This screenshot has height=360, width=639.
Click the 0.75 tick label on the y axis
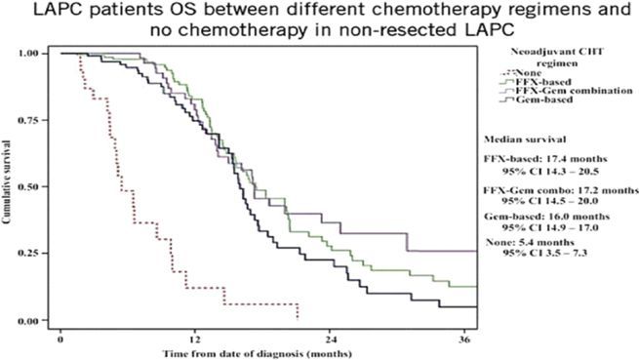click(28, 120)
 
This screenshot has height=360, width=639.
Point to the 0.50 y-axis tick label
click(28, 186)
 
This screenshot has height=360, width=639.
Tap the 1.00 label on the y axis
click(28, 54)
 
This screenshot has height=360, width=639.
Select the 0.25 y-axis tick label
click(28, 254)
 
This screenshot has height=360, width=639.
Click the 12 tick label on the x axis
click(194, 339)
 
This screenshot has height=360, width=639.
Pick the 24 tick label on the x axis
click(330, 339)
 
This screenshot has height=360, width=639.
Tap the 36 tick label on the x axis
click(464, 339)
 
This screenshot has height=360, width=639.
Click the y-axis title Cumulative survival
click(6, 181)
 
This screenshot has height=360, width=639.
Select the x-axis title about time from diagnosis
click(258, 353)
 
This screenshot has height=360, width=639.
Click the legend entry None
click(529, 73)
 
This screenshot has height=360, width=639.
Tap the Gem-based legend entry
click(544, 100)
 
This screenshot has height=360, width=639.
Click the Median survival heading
click(525, 140)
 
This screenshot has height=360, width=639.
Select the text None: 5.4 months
click(530, 243)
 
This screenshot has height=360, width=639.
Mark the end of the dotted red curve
click(298, 319)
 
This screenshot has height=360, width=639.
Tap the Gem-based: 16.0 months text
click(546, 217)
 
